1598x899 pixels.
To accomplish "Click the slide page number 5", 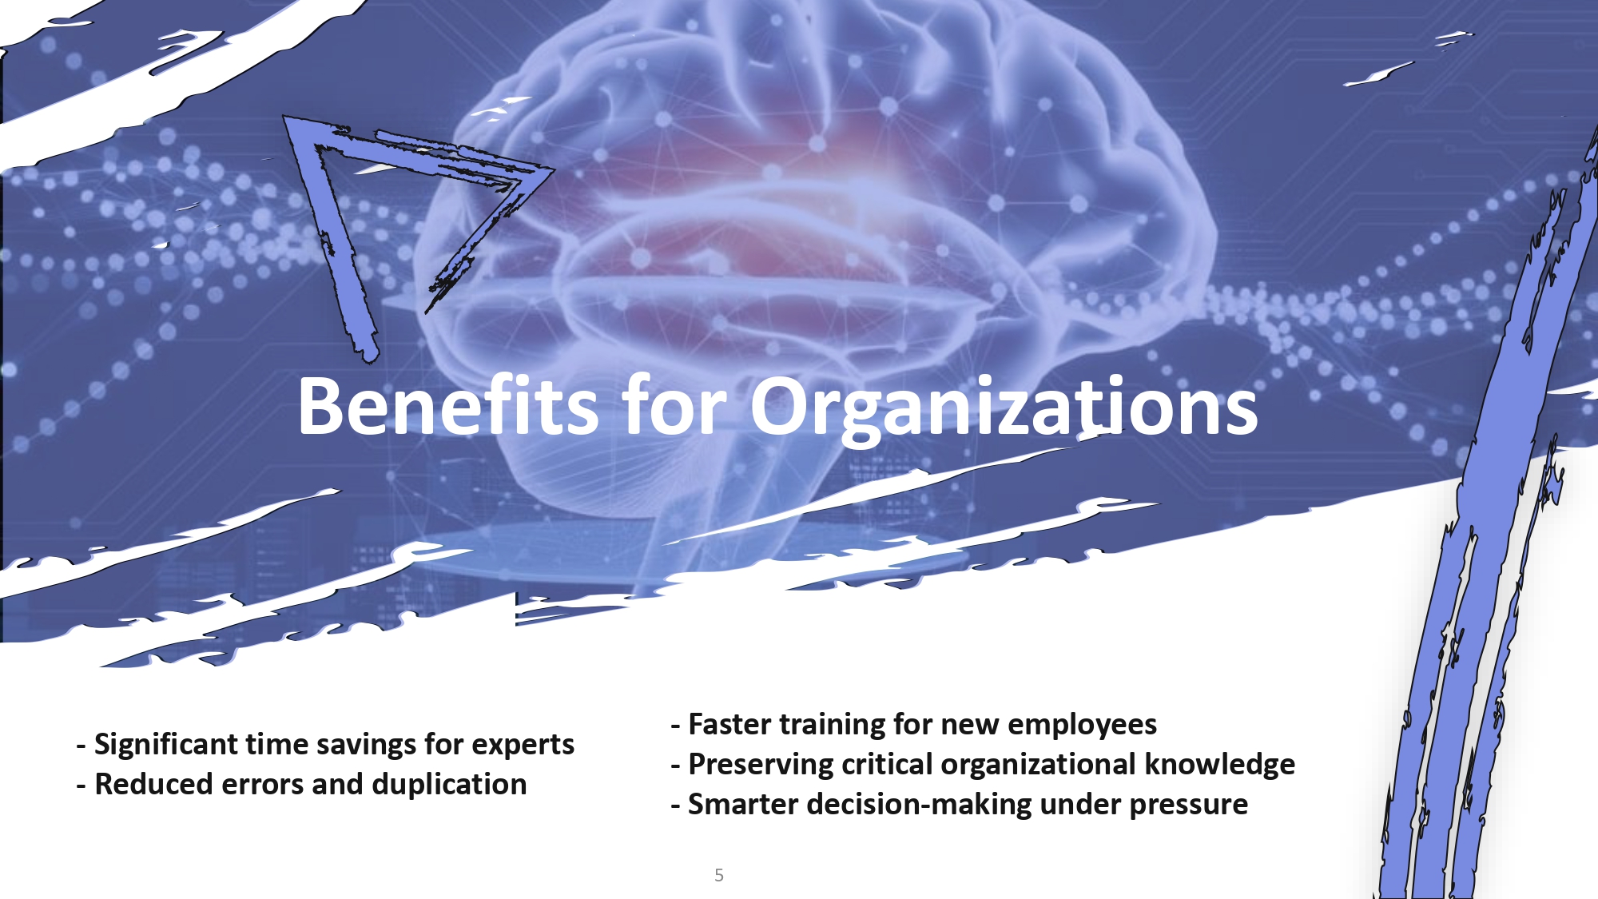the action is tap(719, 875).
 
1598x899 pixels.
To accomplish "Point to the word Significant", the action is tap(165, 745).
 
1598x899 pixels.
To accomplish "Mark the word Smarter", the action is tap(742, 805).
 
